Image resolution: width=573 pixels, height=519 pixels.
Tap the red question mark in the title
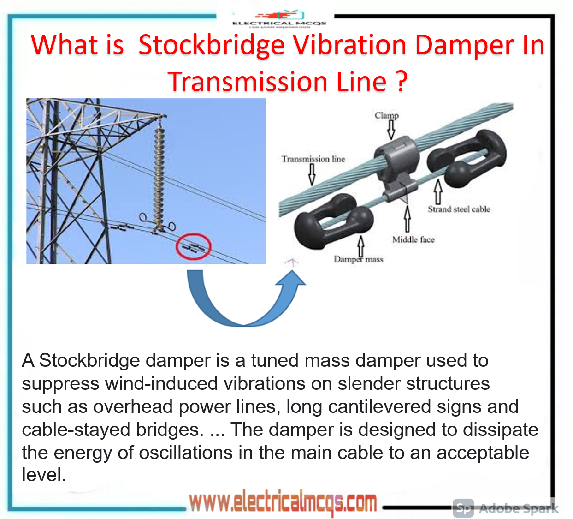click(x=402, y=81)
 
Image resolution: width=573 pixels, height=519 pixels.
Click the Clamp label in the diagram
click(x=386, y=115)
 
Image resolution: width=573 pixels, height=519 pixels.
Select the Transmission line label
click(x=313, y=159)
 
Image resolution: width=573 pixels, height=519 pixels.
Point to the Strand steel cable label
click(x=459, y=209)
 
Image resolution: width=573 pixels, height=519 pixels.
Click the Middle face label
click(x=413, y=239)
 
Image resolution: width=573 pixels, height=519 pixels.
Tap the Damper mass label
click(x=358, y=259)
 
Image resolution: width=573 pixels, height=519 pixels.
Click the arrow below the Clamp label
click(x=391, y=130)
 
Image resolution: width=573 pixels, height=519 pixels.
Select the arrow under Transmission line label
click(x=312, y=174)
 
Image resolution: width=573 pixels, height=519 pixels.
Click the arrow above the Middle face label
click(x=407, y=219)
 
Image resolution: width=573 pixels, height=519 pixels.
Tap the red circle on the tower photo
click(x=194, y=247)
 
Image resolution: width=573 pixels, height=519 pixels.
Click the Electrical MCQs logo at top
click(x=279, y=19)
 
